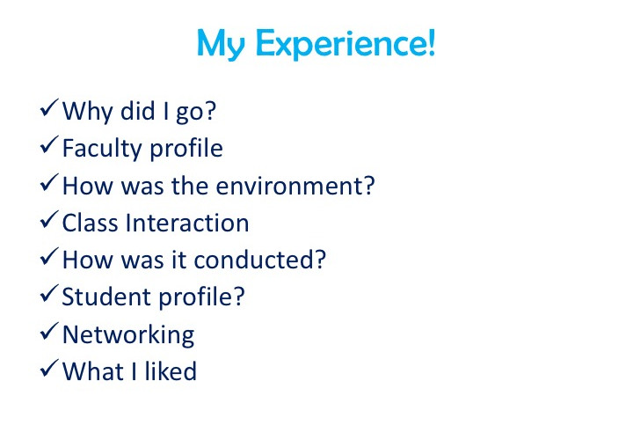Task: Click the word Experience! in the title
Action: tap(346, 44)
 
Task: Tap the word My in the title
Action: tap(221, 45)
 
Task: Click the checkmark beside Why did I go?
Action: tap(49, 108)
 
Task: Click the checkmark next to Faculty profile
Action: tap(49, 145)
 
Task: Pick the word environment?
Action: tap(296, 186)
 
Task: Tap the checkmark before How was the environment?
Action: tap(49, 183)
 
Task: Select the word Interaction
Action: tap(187, 223)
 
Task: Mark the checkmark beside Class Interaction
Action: tap(49, 220)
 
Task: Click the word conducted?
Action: tap(260, 260)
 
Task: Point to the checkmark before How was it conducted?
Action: tap(49, 257)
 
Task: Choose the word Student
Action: tap(106, 297)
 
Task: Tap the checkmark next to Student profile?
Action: tap(49, 294)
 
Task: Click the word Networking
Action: tap(128, 335)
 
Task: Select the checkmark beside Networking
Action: tap(49, 331)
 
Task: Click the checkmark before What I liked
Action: tap(49, 369)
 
